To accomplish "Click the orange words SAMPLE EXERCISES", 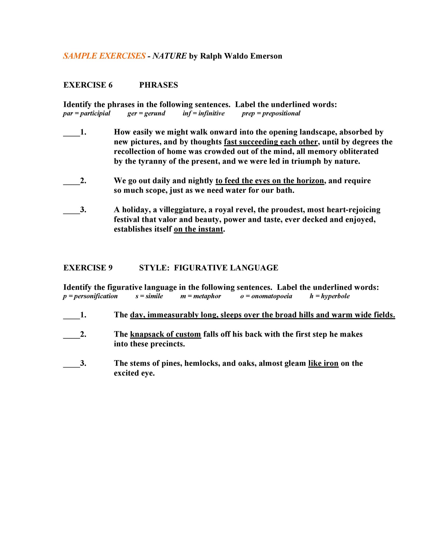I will pos(104,56).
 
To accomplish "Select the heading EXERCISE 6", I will pos(88,85).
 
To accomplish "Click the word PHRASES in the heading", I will pos(158,85).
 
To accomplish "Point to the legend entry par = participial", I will pos(87,113).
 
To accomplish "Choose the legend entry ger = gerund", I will pos(146,113).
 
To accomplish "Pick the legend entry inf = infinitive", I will pos(204,113).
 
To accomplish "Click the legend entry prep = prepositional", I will pos(271,113).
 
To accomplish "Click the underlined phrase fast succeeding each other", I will pos(271,142).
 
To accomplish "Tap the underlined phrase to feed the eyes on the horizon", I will pos(270,181).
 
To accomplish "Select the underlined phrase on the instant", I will pos(198,229).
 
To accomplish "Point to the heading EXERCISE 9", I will pos(88,268).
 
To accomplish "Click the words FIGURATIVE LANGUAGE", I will pos(226,268).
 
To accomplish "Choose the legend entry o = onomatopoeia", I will pos(266,296).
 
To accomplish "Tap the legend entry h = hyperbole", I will pos(329,296).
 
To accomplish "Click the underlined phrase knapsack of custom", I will pos(165,334).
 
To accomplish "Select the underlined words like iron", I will pos(323,363).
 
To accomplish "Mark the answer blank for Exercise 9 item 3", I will pos(71,364).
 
